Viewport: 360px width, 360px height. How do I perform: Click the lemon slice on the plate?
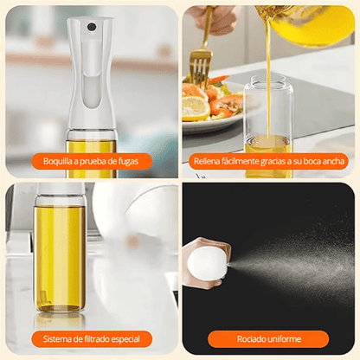[x=196, y=108]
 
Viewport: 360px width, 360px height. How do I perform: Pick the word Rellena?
[x=211, y=161]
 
